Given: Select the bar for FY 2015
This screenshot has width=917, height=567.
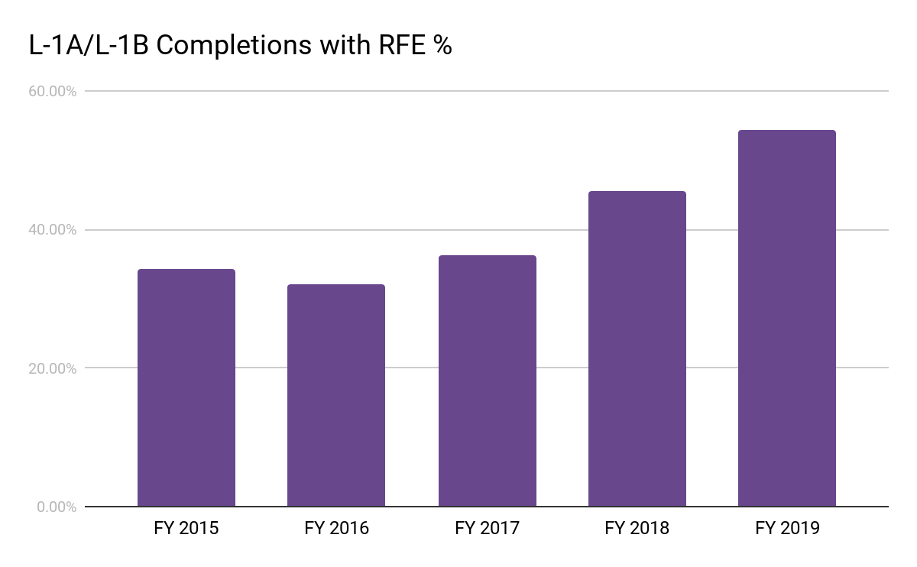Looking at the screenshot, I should (x=186, y=387).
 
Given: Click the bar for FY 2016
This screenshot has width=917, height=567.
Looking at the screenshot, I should (x=336, y=395).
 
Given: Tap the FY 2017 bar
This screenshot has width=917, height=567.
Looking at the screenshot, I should (x=487, y=381).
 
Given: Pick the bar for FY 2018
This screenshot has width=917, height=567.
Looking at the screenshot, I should (x=637, y=348).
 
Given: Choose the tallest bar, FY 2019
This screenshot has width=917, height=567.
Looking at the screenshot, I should (x=787, y=318).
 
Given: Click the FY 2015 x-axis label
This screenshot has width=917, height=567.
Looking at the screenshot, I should (x=186, y=528).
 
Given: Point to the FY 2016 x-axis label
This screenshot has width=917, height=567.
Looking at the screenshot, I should (x=336, y=528).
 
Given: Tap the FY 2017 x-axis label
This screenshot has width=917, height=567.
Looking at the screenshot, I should (x=487, y=528).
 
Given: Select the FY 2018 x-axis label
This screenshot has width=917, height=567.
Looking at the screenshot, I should (x=637, y=528).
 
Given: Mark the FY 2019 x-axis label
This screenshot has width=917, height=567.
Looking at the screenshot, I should (x=787, y=528).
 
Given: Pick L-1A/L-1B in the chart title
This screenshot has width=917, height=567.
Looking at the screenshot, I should (x=83, y=46).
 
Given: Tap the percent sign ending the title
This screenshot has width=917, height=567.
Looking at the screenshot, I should (x=442, y=46).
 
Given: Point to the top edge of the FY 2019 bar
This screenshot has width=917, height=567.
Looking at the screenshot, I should (x=787, y=131).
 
